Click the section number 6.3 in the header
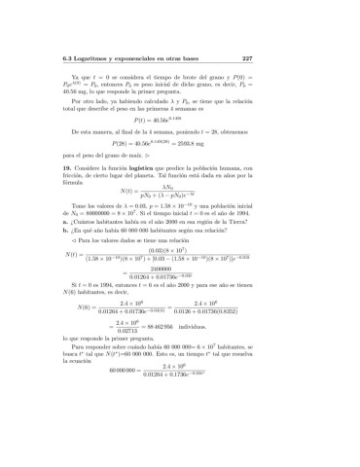point(66,58)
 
